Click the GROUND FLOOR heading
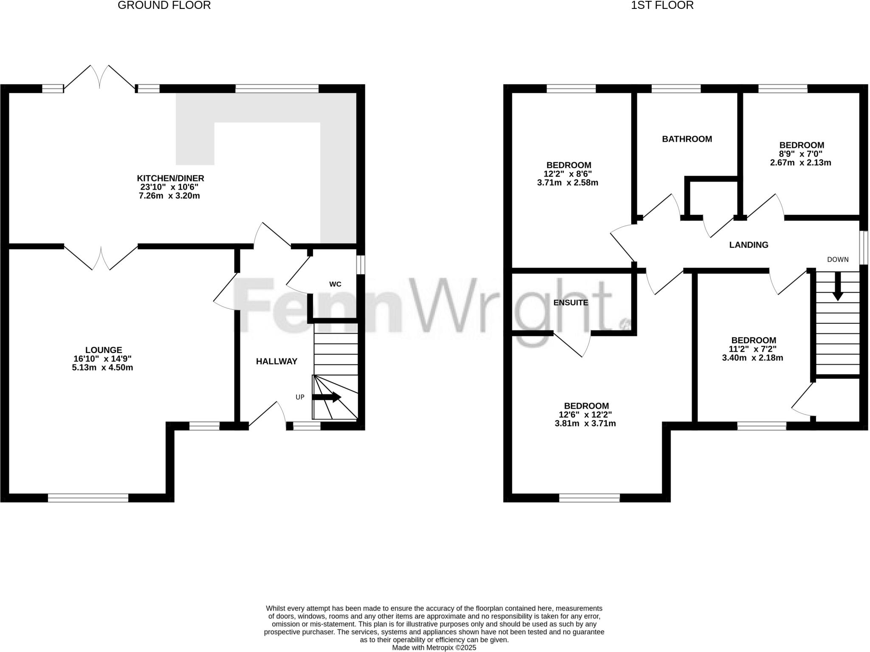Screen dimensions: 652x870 point(164,6)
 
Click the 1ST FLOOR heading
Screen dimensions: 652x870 point(662,6)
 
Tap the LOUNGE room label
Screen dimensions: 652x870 point(104,350)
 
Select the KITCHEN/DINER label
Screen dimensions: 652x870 point(170,178)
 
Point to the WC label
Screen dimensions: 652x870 point(335,284)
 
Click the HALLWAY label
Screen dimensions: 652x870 point(277,361)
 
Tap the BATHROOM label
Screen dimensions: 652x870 point(687,139)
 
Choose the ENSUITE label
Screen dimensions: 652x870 point(571,303)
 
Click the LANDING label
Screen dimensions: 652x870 point(749,245)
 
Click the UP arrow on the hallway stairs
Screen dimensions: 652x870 point(326,397)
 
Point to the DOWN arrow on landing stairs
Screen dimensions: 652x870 point(838,286)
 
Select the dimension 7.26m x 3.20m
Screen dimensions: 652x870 point(169,196)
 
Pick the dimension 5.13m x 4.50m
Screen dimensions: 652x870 point(102,367)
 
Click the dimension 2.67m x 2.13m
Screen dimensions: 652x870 point(800,163)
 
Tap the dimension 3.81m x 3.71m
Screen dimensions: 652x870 point(585,423)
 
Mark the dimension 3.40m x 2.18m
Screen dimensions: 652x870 point(752,358)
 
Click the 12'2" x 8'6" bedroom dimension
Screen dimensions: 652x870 point(568,174)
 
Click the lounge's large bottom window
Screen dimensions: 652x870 point(88,498)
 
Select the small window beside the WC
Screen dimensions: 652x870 point(360,265)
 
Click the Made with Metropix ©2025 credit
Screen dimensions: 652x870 point(434,648)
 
